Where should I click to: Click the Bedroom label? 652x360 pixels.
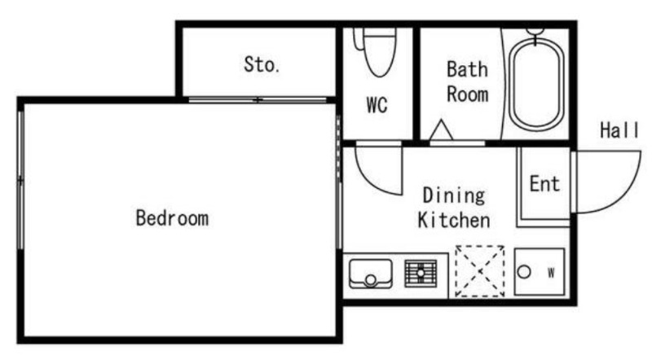click(x=172, y=218)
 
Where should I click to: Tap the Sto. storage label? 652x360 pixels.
click(x=262, y=64)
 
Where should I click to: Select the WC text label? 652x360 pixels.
click(x=377, y=105)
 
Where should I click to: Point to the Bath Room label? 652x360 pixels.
click(x=467, y=82)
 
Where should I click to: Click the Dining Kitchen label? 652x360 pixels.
click(x=454, y=208)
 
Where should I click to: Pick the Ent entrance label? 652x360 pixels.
click(x=544, y=184)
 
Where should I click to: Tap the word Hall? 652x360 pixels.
click(x=619, y=130)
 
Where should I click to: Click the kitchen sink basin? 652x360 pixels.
click(x=371, y=274)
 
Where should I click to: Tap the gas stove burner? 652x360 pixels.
click(x=421, y=273)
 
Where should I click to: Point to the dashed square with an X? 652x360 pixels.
click(x=480, y=271)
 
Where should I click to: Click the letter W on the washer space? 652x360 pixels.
click(x=551, y=273)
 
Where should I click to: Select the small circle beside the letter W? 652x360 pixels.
click(x=524, y=272)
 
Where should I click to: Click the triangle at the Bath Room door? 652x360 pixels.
click(x=441, y=130)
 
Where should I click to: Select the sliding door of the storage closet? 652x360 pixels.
click(x=258, y=99)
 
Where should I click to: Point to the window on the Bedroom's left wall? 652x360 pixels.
click(x=20, y=181)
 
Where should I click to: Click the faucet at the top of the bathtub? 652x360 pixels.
click(x=535, y=35)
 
